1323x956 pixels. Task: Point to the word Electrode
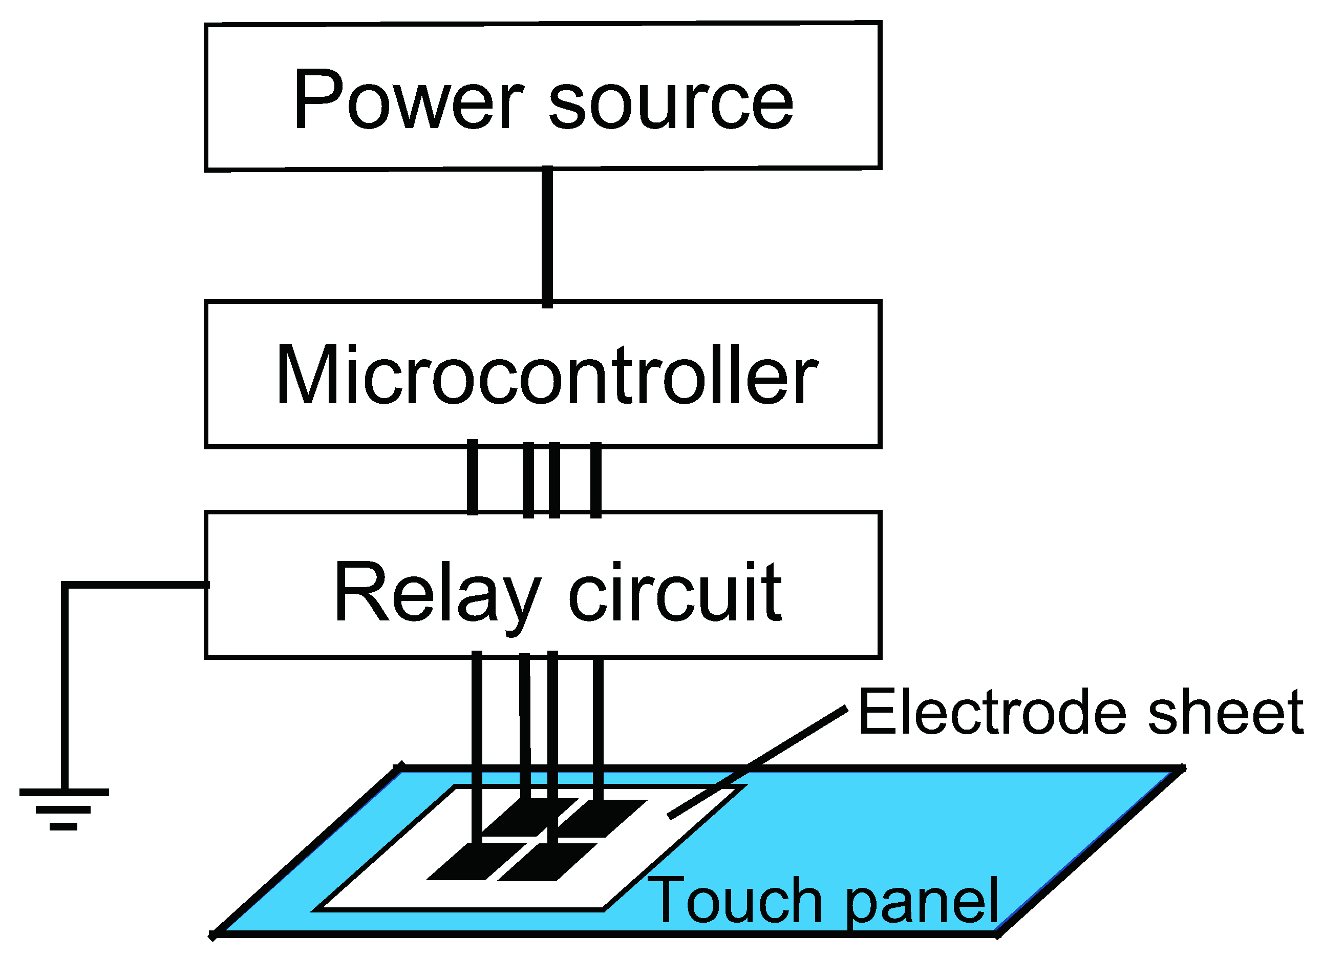(992, 712)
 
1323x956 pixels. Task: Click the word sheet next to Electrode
(1226, 712)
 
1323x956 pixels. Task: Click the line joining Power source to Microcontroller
(547, 236)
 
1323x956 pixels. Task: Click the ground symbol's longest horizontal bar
(63, 792)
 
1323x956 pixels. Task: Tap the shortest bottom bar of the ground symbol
(63, 826)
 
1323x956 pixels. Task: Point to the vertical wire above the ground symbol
(65, 689)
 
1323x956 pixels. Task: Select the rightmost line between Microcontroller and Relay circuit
(595, 480)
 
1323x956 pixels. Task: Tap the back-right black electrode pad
(604, 817)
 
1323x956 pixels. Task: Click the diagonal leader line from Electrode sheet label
(758, 762)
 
